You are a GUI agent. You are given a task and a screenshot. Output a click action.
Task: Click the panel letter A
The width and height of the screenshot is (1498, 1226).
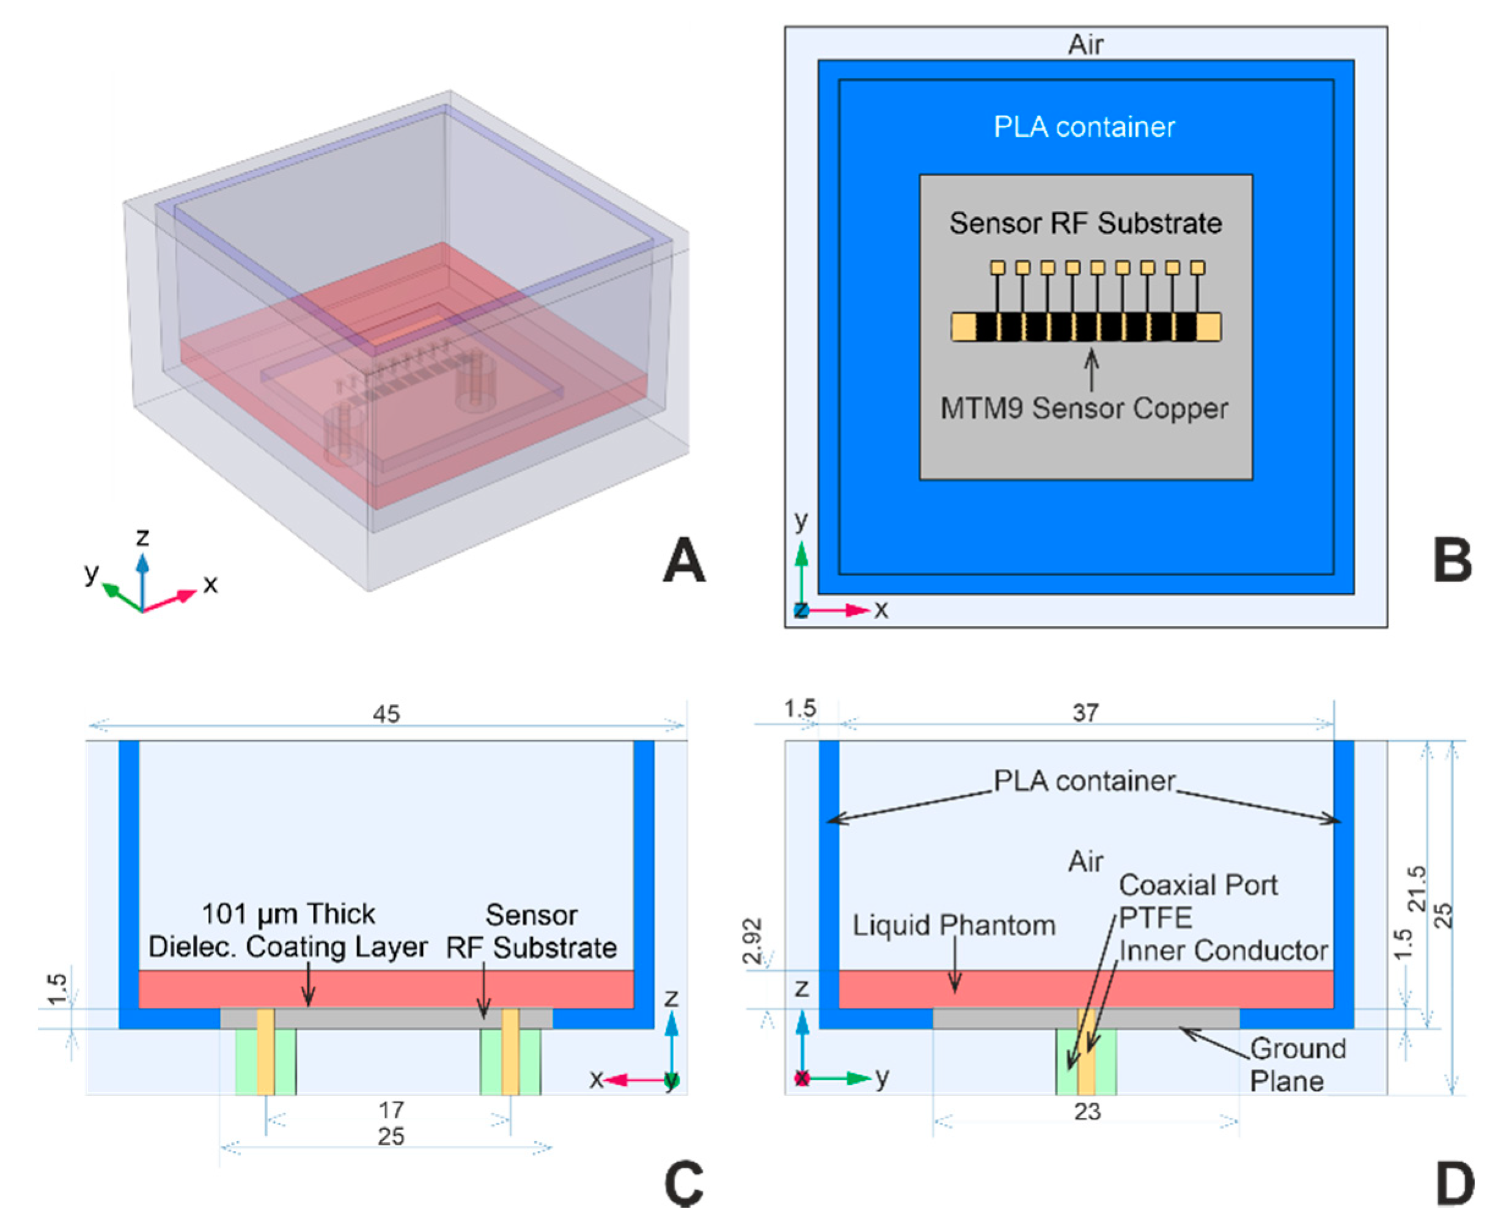683,560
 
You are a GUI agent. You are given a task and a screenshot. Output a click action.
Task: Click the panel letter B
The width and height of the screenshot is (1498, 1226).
1452,560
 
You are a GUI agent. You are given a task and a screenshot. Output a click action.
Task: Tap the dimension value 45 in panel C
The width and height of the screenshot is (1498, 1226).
386,714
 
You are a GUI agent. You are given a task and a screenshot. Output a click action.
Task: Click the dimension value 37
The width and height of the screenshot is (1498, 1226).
1085,713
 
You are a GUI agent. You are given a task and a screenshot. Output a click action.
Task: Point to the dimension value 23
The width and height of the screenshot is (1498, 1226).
1087,1112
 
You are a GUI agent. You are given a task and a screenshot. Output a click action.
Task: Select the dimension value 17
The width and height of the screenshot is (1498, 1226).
391,1110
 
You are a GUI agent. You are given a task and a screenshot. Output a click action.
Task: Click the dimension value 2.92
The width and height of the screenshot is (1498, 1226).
755,941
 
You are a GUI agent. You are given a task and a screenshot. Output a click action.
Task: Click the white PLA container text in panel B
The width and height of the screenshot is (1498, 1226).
1084,127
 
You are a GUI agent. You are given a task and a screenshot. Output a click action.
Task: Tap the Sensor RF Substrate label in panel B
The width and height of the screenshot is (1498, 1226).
1085,223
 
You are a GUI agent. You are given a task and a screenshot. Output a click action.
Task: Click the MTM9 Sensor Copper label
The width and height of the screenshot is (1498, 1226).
1084,408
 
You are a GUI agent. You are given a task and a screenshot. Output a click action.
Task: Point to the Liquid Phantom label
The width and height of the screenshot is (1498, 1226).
954,925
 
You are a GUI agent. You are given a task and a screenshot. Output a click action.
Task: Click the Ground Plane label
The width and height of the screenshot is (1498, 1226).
1298,1065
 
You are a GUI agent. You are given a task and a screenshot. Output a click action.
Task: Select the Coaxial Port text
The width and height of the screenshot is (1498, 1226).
1199,885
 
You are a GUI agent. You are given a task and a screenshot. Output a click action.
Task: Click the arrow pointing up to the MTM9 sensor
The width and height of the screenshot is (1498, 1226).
1092,368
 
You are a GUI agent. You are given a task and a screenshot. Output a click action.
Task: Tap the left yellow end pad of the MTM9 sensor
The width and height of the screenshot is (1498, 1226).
963,327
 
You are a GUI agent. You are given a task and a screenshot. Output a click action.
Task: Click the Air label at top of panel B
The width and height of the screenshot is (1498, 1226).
1085,45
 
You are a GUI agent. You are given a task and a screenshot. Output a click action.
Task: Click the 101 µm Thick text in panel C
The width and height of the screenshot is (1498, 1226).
288,914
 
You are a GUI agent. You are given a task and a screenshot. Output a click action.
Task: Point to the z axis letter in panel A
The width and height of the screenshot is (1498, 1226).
143,538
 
